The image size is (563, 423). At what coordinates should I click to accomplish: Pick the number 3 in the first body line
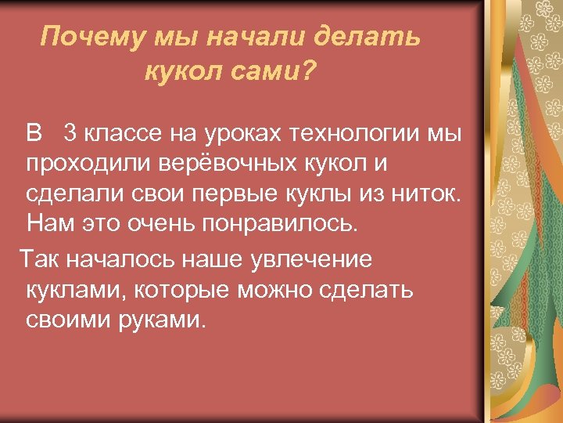pos(70,135)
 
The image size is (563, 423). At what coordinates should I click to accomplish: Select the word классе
pos(120,135)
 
